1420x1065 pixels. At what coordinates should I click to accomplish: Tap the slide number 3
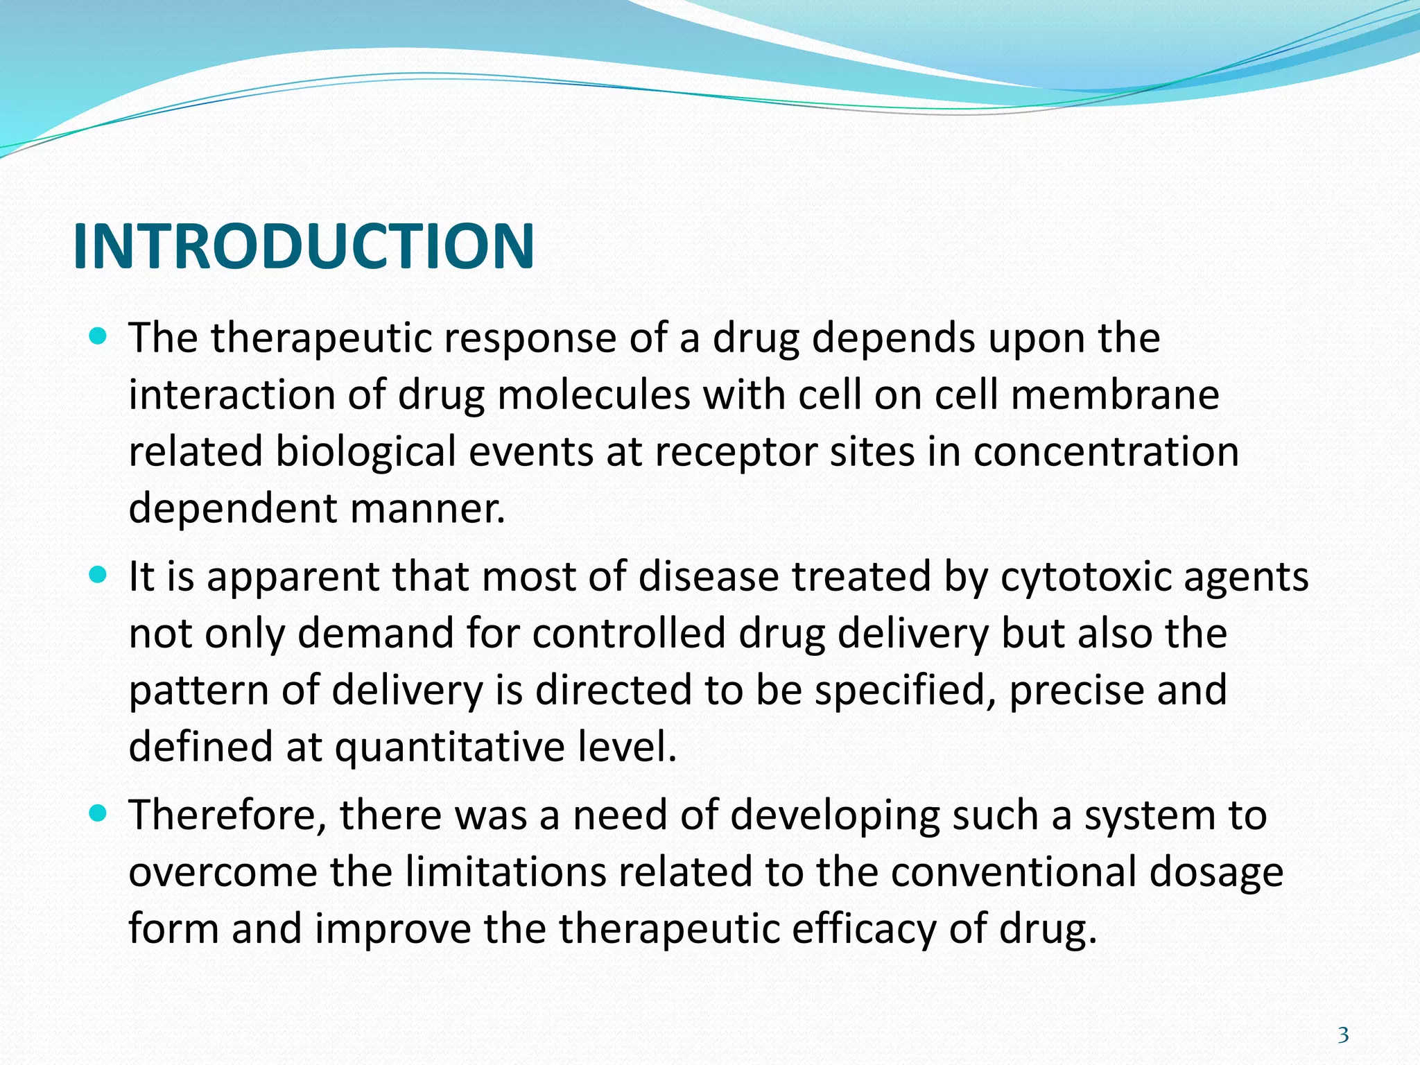pyautogui.click(x=1343, y=1035)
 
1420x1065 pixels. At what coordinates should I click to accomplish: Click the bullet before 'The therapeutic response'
pyautogui.click(x=98, y=338)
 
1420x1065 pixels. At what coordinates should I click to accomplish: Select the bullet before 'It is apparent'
pyautogui.click(x=98, y=575)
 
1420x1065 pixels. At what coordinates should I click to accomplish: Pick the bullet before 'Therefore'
pyautogui.click(x=98, y=813)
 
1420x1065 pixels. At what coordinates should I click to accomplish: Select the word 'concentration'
pyautogui.click(x=1106, y=452)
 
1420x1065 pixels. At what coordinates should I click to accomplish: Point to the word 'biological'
pyautogui.click(x=365, y=452)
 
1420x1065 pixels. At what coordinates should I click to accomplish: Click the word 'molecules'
pyautogui.click(x=594, y=395)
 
